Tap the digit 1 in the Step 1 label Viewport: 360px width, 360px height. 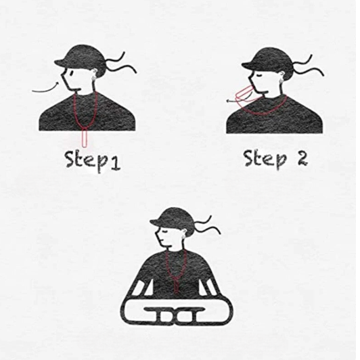click(x=114, y=164)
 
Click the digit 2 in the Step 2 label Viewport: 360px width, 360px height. click(x=302, y=158)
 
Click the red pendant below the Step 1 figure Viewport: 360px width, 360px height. click(x=85, y=138)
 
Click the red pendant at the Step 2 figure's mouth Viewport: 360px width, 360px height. click(x=245, y=95)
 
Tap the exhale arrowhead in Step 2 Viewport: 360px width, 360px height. click(x=229, y=101)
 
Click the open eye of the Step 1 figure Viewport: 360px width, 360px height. click(x=71, y=73)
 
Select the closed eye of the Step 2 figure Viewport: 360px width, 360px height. click(x=259, y=75)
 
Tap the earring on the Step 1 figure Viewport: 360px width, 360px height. click(x=93, y=78)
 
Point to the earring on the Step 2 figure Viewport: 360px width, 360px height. click(x=281, y=81)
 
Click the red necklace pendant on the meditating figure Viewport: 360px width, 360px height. click(x=176, y=286)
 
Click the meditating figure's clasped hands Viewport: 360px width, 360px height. click(x=176, y=315)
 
